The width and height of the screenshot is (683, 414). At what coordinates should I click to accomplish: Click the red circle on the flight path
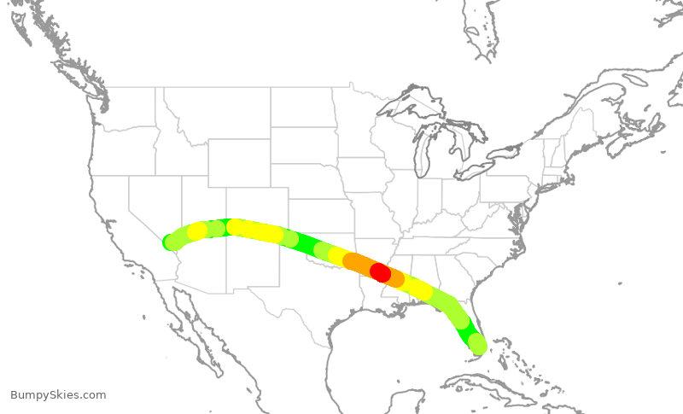(380, 273)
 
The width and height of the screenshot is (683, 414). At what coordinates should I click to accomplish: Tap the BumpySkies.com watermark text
(58, 395)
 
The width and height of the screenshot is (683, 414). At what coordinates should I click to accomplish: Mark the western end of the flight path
(171, 242)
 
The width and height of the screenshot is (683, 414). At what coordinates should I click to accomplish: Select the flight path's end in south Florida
(478, 345)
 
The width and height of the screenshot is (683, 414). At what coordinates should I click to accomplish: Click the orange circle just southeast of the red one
(394, 278)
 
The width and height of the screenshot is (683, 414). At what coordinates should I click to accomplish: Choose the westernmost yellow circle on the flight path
(198, 231)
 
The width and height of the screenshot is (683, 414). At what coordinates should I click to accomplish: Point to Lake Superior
(410, 106)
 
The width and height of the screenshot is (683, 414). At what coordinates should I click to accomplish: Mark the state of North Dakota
(302, 108)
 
